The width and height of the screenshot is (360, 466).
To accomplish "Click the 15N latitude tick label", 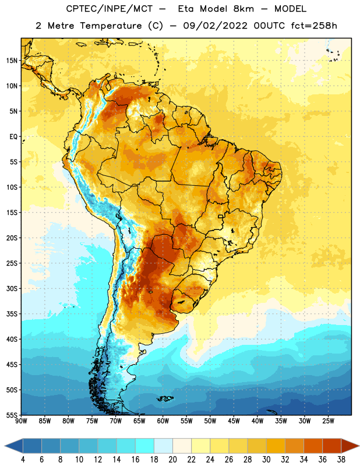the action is [12, 61].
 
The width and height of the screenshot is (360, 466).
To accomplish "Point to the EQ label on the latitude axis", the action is [13, 137].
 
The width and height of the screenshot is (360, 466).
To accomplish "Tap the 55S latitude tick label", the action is [12, 415].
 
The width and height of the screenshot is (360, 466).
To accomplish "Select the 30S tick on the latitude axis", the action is [12, 288].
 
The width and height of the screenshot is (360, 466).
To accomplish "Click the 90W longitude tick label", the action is [21, 421].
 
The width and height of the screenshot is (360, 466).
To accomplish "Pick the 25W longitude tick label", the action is [328, 421].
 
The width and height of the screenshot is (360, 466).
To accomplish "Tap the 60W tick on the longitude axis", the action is [163, 421].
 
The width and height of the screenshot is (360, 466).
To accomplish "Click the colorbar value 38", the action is [341, 460].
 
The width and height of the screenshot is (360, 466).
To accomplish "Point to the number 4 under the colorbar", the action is [23, 460].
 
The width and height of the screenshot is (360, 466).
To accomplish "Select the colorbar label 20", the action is [172, 460].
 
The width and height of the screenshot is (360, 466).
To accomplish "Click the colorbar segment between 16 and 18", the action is [145, 446].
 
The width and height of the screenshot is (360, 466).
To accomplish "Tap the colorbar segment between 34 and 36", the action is [313, 446].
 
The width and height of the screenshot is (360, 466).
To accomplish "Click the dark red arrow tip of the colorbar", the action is [358, 446].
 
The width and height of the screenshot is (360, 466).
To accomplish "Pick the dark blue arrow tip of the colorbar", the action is [5, 446].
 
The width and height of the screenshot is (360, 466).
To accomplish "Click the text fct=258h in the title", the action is [314, 26].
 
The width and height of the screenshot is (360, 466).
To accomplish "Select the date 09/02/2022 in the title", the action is [215, 26].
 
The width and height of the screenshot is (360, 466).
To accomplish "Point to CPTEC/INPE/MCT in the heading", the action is [109, 9].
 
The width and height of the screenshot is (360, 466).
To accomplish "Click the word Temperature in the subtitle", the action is [111, 26].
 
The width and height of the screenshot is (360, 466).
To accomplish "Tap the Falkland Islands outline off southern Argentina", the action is [165, 398].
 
